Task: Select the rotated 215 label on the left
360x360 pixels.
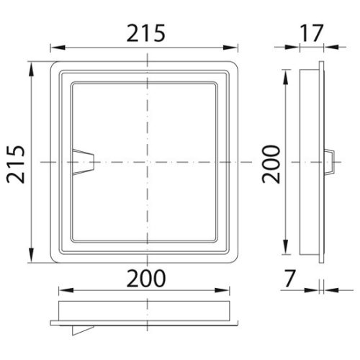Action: point(16,163)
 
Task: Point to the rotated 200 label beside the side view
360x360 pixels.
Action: point(271,163)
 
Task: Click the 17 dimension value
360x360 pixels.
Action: point(309,33)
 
